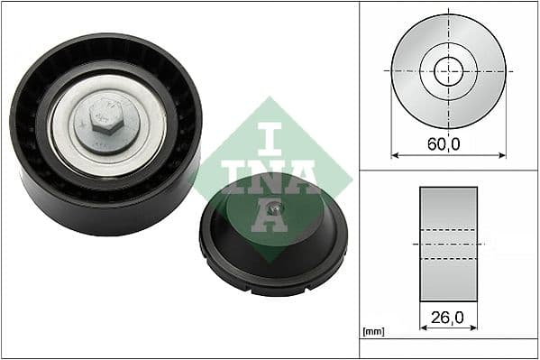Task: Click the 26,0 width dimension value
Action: pyautogui.click(x=448, y=318)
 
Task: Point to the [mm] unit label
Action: pyautogui.click(x=373, y=333)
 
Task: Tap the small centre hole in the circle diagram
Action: pyautogui.click(x=448, y=70)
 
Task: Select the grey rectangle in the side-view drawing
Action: pyautogui.click(x=448, y=244)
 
